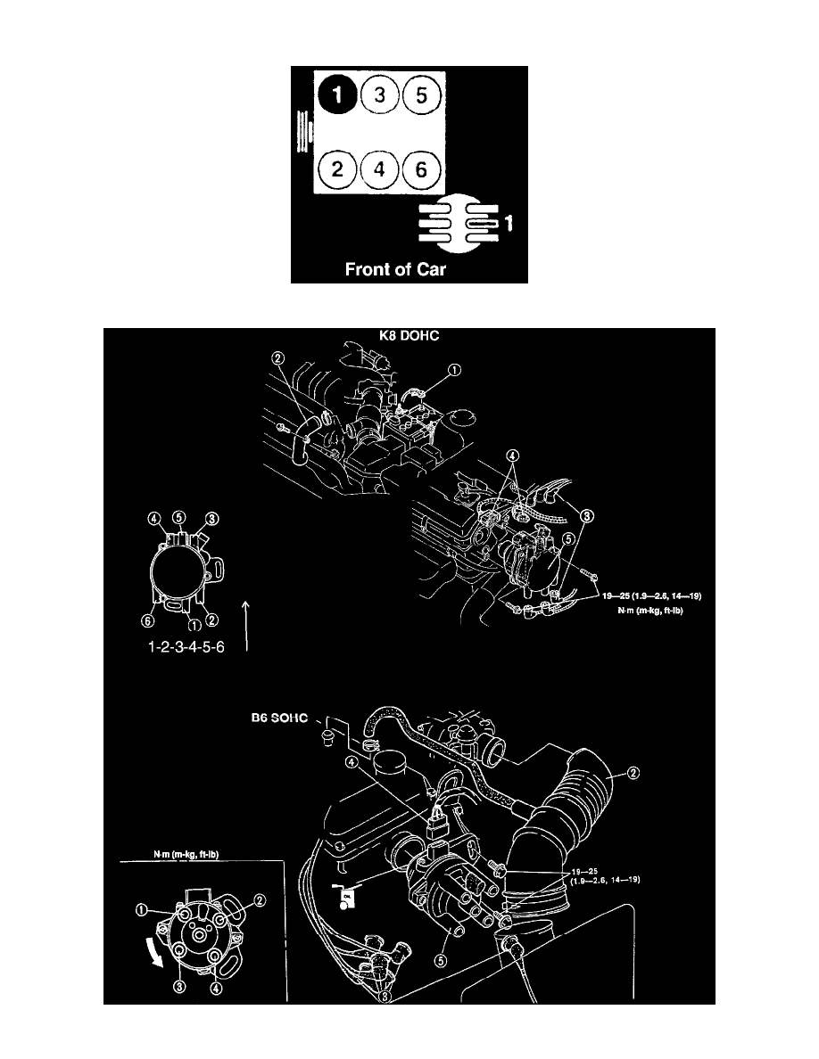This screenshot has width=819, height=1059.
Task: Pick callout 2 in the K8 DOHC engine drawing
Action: (278, 359)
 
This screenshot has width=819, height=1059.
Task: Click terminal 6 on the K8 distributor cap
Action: (149, 620)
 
